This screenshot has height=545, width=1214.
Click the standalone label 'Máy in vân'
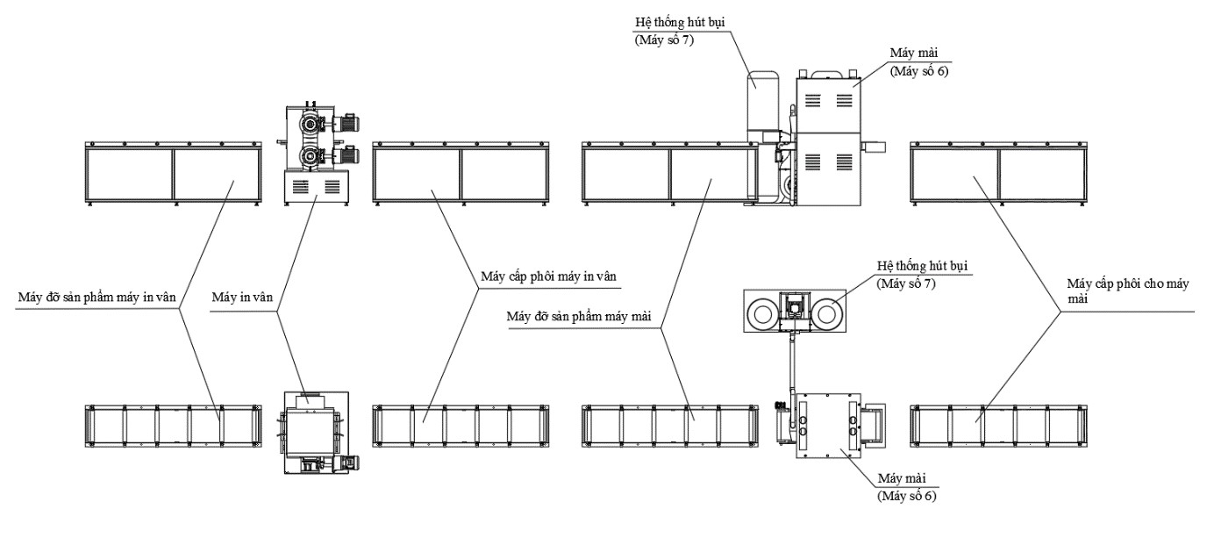click(242, 298)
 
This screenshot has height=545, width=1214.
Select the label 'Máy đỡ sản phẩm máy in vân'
click(97, 298)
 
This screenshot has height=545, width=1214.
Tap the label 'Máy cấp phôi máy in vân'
click(548, 276)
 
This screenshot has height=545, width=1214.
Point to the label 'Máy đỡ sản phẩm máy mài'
click(579, 316)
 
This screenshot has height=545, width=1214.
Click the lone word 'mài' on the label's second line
click(1077, 298)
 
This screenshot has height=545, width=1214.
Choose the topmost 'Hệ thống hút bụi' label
click(680, 23)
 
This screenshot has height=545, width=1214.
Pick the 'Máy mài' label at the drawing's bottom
click(902, 478)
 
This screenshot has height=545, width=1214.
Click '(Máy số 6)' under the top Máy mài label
click(919, 71)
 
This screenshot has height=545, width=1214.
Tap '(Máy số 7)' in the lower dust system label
click(906, 283)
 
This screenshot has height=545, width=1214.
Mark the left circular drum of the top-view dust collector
click(762, 313)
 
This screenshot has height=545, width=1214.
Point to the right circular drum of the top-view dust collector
click(826, 313)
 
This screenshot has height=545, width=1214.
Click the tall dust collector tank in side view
click(764, 100)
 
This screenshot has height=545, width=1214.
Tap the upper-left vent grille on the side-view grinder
click(812, 100)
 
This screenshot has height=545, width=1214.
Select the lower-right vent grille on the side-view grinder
click(845, 161)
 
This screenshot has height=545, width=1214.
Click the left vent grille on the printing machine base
click(300, 186)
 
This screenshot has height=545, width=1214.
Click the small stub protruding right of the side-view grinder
click(873, 147)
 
